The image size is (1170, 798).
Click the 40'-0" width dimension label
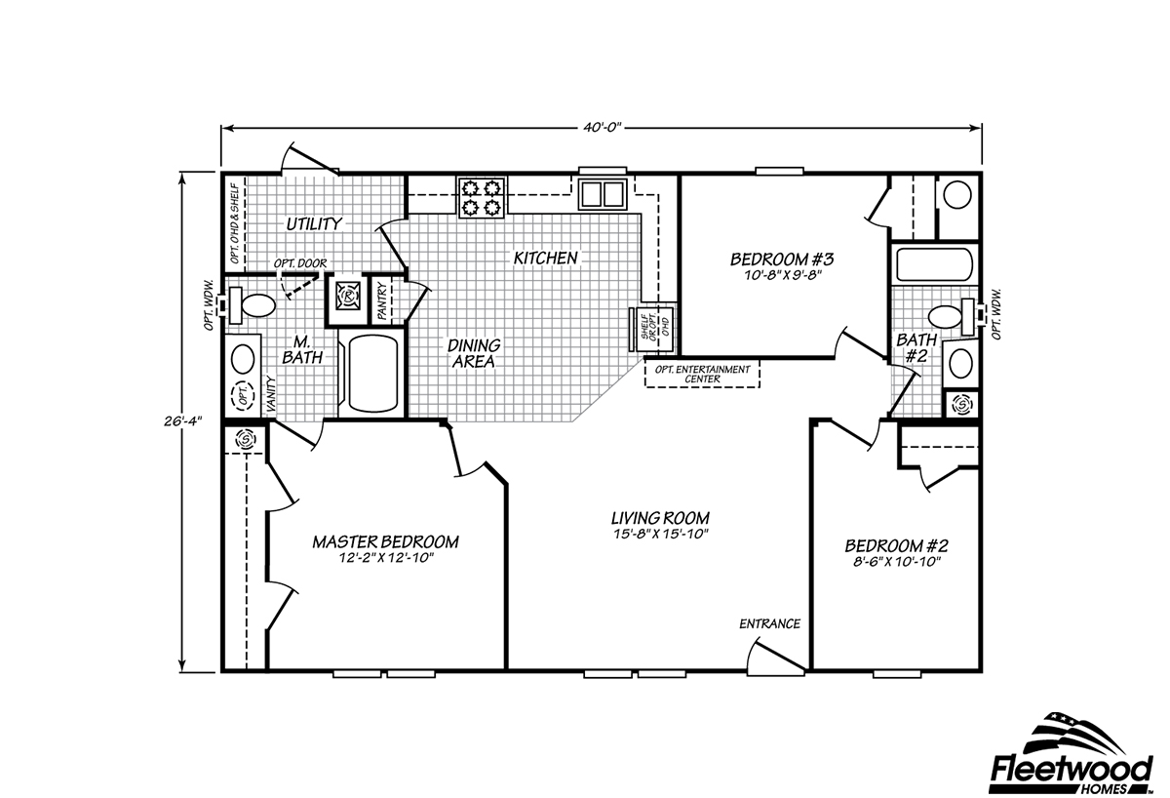click(x=601, y=127)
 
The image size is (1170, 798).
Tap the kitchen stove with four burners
click(x=482, y=195)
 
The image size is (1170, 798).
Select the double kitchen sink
click(x=602, y=194)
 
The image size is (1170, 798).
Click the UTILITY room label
click(x=313, y=224)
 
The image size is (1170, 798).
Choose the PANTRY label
click(x=383, y=301)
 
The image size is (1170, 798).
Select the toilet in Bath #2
click(x=947, y=317)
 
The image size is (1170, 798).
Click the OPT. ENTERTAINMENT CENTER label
click(x=702, y=374)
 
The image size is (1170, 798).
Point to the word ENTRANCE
click(x=769, y=624)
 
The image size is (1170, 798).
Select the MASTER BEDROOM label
click(x=385, y=541)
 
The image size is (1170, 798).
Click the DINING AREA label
click(x=474, y=353)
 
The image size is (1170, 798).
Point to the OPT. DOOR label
click(x=299, y=262)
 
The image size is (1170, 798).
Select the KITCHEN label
click(x=546, y=259)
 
